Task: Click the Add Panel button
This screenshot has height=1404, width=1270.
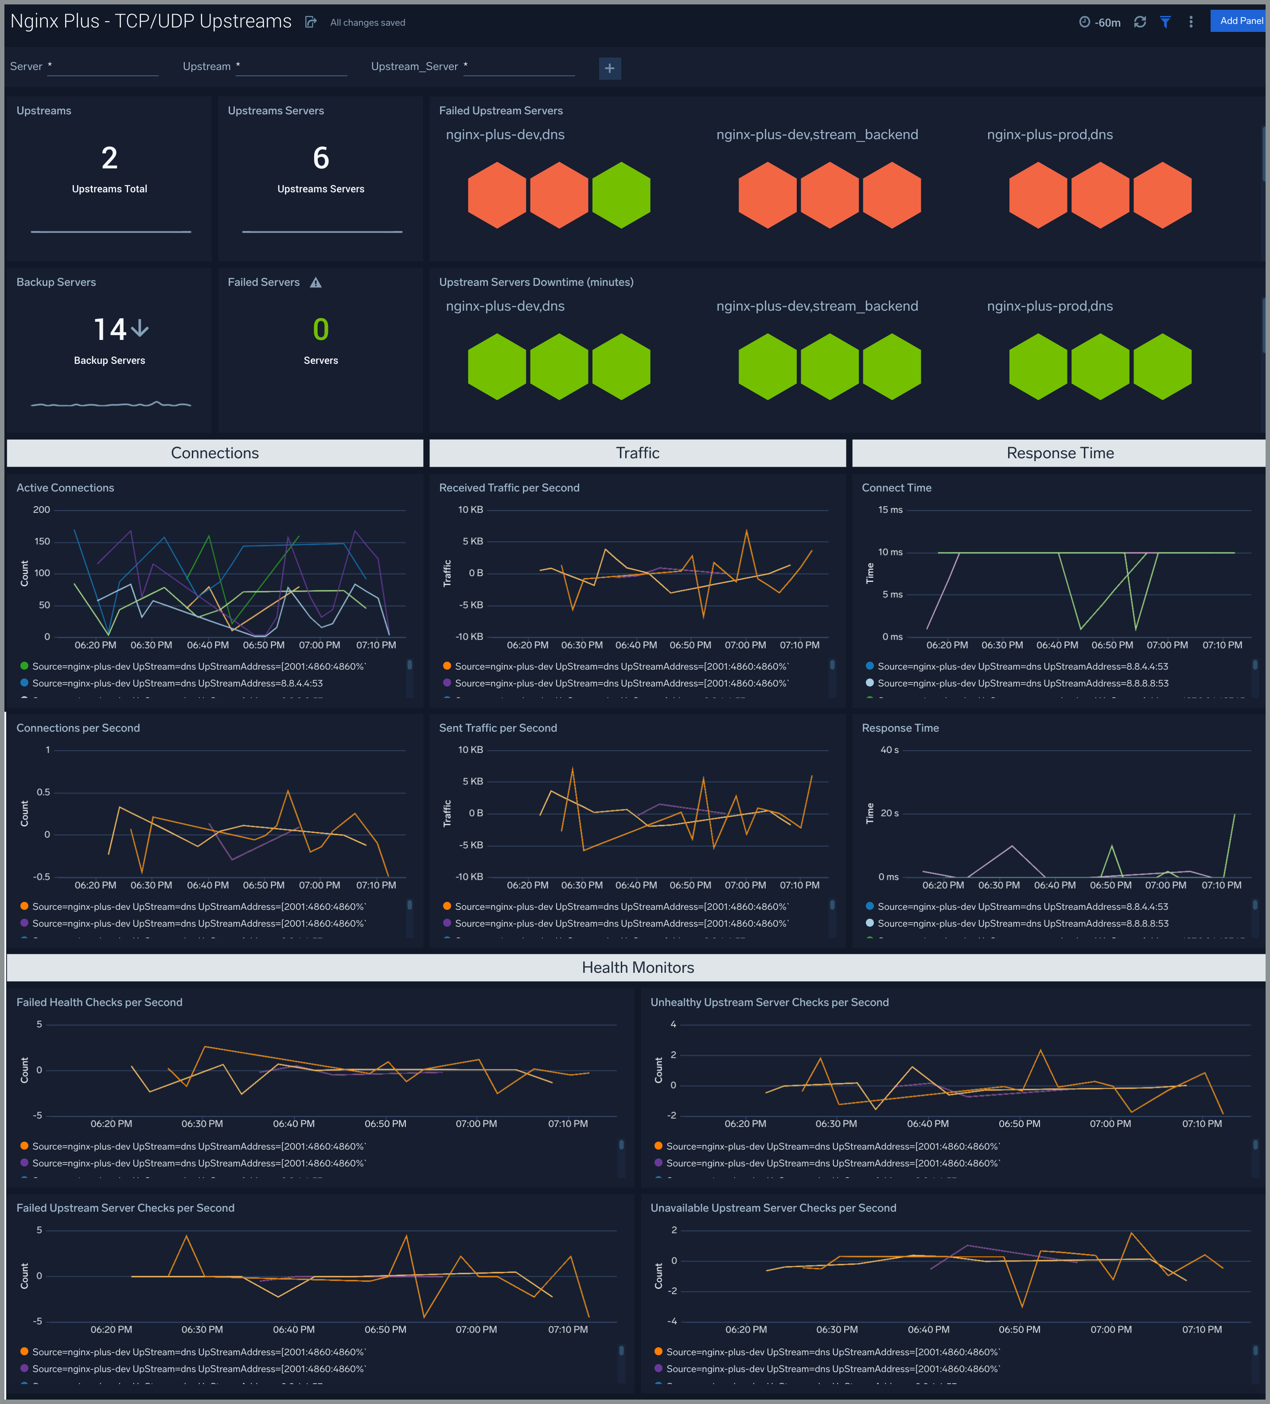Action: click(x=1240, y=21)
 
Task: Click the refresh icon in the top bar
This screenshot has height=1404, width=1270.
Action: click(x=1140, y=22)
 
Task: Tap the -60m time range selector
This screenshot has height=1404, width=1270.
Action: click(x=1100, y=22)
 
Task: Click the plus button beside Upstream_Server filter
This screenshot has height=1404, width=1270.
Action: click(x=609, y=68)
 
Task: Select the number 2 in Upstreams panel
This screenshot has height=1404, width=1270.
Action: click(x=109, y=158)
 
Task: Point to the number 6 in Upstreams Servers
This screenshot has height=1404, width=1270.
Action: click(x=320, y=158)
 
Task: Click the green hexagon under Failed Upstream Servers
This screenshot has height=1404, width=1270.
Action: click(x=621, y=195)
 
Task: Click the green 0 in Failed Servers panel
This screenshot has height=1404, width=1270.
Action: click(x=320, y=329)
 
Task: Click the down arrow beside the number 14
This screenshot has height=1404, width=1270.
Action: click(x=140, y=328)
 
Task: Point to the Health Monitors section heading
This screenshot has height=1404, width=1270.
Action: click(x=637, y=967)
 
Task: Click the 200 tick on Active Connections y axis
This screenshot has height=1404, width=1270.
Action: click(x=42, y=510)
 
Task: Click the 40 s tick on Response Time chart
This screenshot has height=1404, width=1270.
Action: click(x=889, y=750)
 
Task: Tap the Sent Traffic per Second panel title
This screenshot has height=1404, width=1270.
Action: click(x=498, y=728)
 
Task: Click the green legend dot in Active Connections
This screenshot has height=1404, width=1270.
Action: click(x=24, y=667)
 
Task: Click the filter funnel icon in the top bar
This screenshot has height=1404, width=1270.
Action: click(x=1165, y=22)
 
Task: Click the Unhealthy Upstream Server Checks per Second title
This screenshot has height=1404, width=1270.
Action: click(x=769, y=1002)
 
